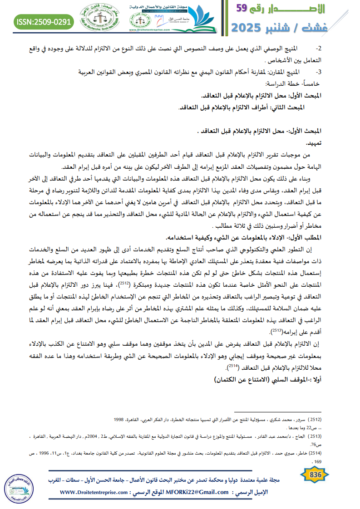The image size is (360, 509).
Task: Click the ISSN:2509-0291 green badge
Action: tap(44, 21)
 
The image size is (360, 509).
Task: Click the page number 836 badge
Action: tap(315, 475)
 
